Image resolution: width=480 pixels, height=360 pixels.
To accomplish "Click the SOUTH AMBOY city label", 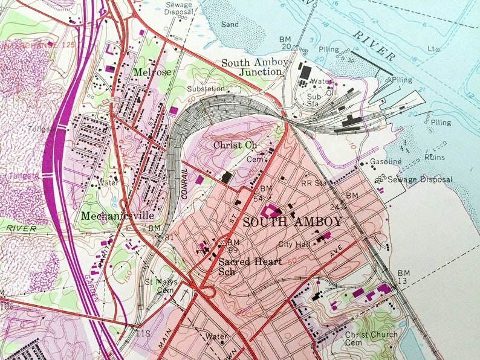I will [x=292, y=222].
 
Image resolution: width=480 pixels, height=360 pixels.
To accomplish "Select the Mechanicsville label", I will [x=115, y=215].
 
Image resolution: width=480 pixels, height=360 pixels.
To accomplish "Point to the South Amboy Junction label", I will [x=251, y=67].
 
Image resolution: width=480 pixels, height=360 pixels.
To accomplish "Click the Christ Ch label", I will [x=235, y=145].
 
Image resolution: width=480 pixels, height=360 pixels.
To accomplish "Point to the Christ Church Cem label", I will [x=371, y=338].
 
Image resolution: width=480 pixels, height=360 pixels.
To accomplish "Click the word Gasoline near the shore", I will [x=386, y=161].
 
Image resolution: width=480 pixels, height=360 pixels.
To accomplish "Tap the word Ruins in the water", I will [x=434, y=157].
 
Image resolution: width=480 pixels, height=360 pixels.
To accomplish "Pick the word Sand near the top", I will [x=230, y=25].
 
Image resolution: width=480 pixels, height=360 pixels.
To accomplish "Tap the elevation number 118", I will [x=144, y=333].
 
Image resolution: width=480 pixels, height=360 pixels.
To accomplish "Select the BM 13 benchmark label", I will [x=403, y=277].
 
